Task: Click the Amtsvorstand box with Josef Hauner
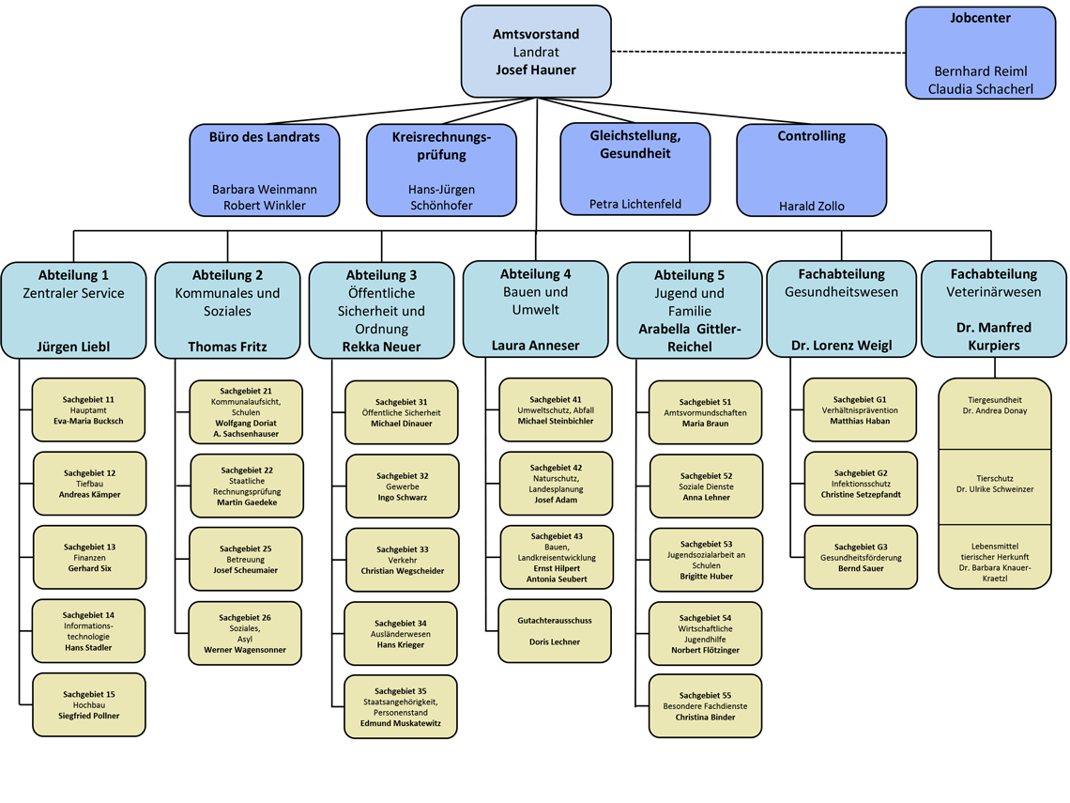[536, 52]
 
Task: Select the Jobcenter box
[980, 53]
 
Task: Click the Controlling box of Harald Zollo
[811, 170]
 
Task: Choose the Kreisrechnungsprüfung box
[441, 170]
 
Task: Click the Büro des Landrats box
[264, 170]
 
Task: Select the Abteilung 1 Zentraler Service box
[73, 310]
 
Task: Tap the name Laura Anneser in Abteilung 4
[535, 346]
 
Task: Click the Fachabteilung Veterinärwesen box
[993, 310]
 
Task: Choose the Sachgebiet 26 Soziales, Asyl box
[245, 633]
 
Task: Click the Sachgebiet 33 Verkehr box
[402, 560]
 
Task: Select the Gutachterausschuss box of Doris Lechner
[555, 631]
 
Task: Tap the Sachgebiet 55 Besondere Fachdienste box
[705, 705]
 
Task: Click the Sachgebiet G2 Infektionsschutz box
[861, 484]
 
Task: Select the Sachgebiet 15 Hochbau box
[89, 704]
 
